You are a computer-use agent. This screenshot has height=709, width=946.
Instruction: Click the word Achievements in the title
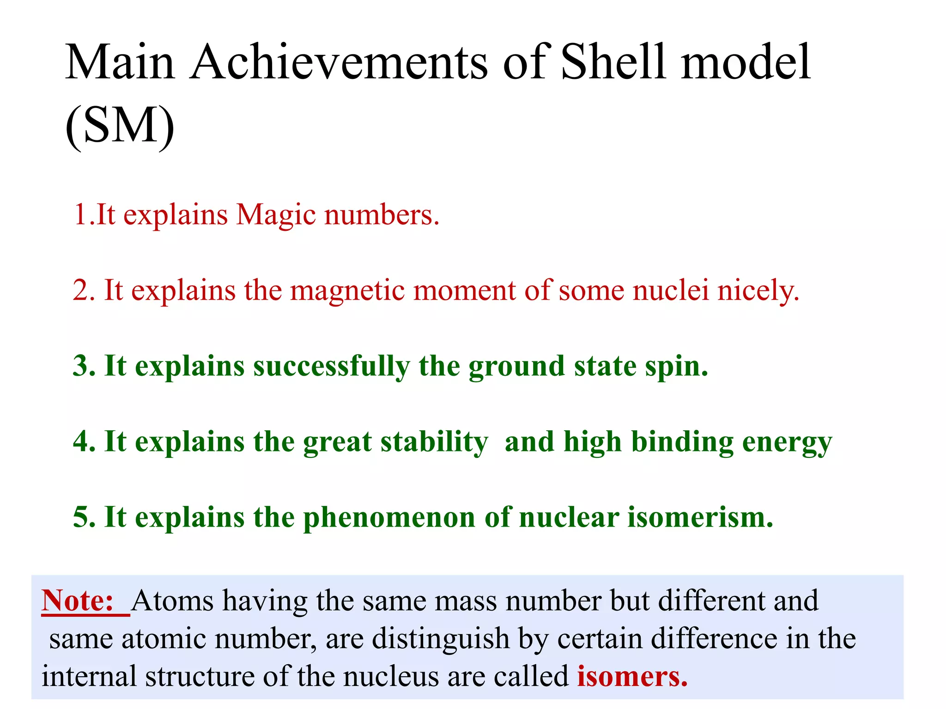[339, 62]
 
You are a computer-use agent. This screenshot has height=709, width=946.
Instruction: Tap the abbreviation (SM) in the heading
[120, 126]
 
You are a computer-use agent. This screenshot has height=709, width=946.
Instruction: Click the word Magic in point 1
[275, 216]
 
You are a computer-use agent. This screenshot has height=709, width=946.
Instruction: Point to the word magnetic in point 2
[348, 291]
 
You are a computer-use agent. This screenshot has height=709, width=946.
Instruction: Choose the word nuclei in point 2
[671, 290]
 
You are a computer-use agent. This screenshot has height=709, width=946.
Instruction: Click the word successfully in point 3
[331, 367]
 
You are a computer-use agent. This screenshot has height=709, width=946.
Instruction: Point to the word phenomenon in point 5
[389, 518]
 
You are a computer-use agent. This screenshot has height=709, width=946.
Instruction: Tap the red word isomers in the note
[632, 677]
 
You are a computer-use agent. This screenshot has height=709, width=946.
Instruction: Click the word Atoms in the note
[173, 601]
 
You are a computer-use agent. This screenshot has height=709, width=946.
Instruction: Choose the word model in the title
[746, 62]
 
